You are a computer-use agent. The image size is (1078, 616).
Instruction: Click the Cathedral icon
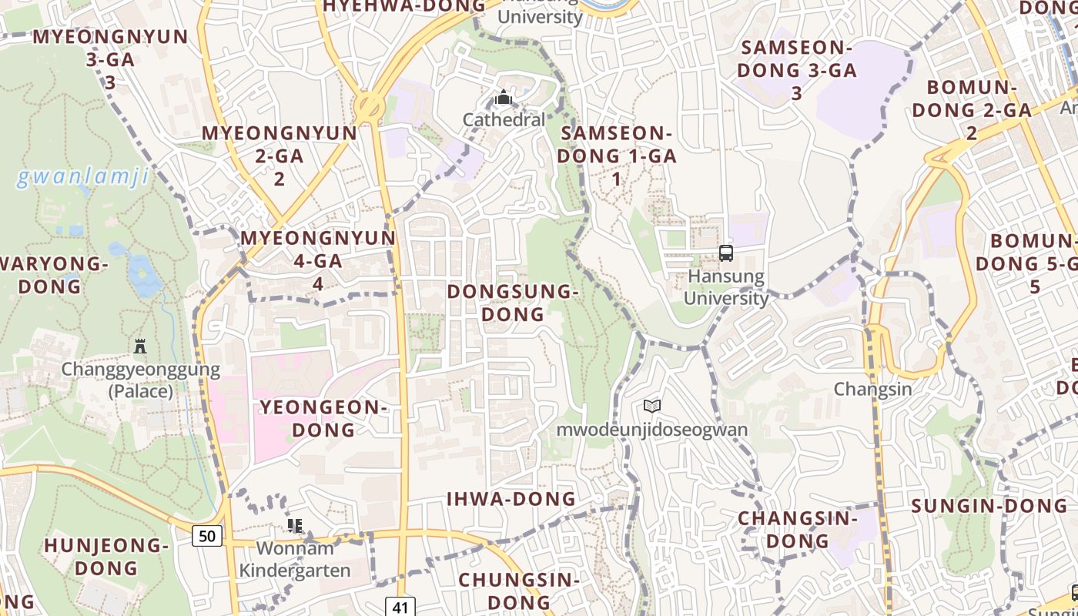504,98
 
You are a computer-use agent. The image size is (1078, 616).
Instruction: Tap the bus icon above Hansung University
725,253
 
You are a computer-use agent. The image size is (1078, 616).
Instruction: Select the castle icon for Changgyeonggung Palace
139,346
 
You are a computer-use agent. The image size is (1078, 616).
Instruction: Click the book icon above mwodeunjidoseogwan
652,406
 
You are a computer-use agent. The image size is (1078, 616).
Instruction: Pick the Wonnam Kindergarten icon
294,526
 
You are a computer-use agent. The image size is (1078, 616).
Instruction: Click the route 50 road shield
208,536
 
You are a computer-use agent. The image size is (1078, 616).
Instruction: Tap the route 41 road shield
400,607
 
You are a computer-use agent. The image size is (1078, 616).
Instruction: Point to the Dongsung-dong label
512,303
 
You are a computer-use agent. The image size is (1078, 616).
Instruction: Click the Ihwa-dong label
511,499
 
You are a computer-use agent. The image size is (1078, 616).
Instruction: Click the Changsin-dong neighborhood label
798,530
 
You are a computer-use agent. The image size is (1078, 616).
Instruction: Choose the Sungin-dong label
989,507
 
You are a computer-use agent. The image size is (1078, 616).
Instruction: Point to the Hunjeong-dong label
106,557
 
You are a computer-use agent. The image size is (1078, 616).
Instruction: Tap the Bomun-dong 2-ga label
972,110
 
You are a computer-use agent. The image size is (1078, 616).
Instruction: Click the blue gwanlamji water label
82,178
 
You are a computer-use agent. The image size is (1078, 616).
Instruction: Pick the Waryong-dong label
52,275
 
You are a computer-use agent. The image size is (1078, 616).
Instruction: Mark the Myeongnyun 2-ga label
280,156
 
